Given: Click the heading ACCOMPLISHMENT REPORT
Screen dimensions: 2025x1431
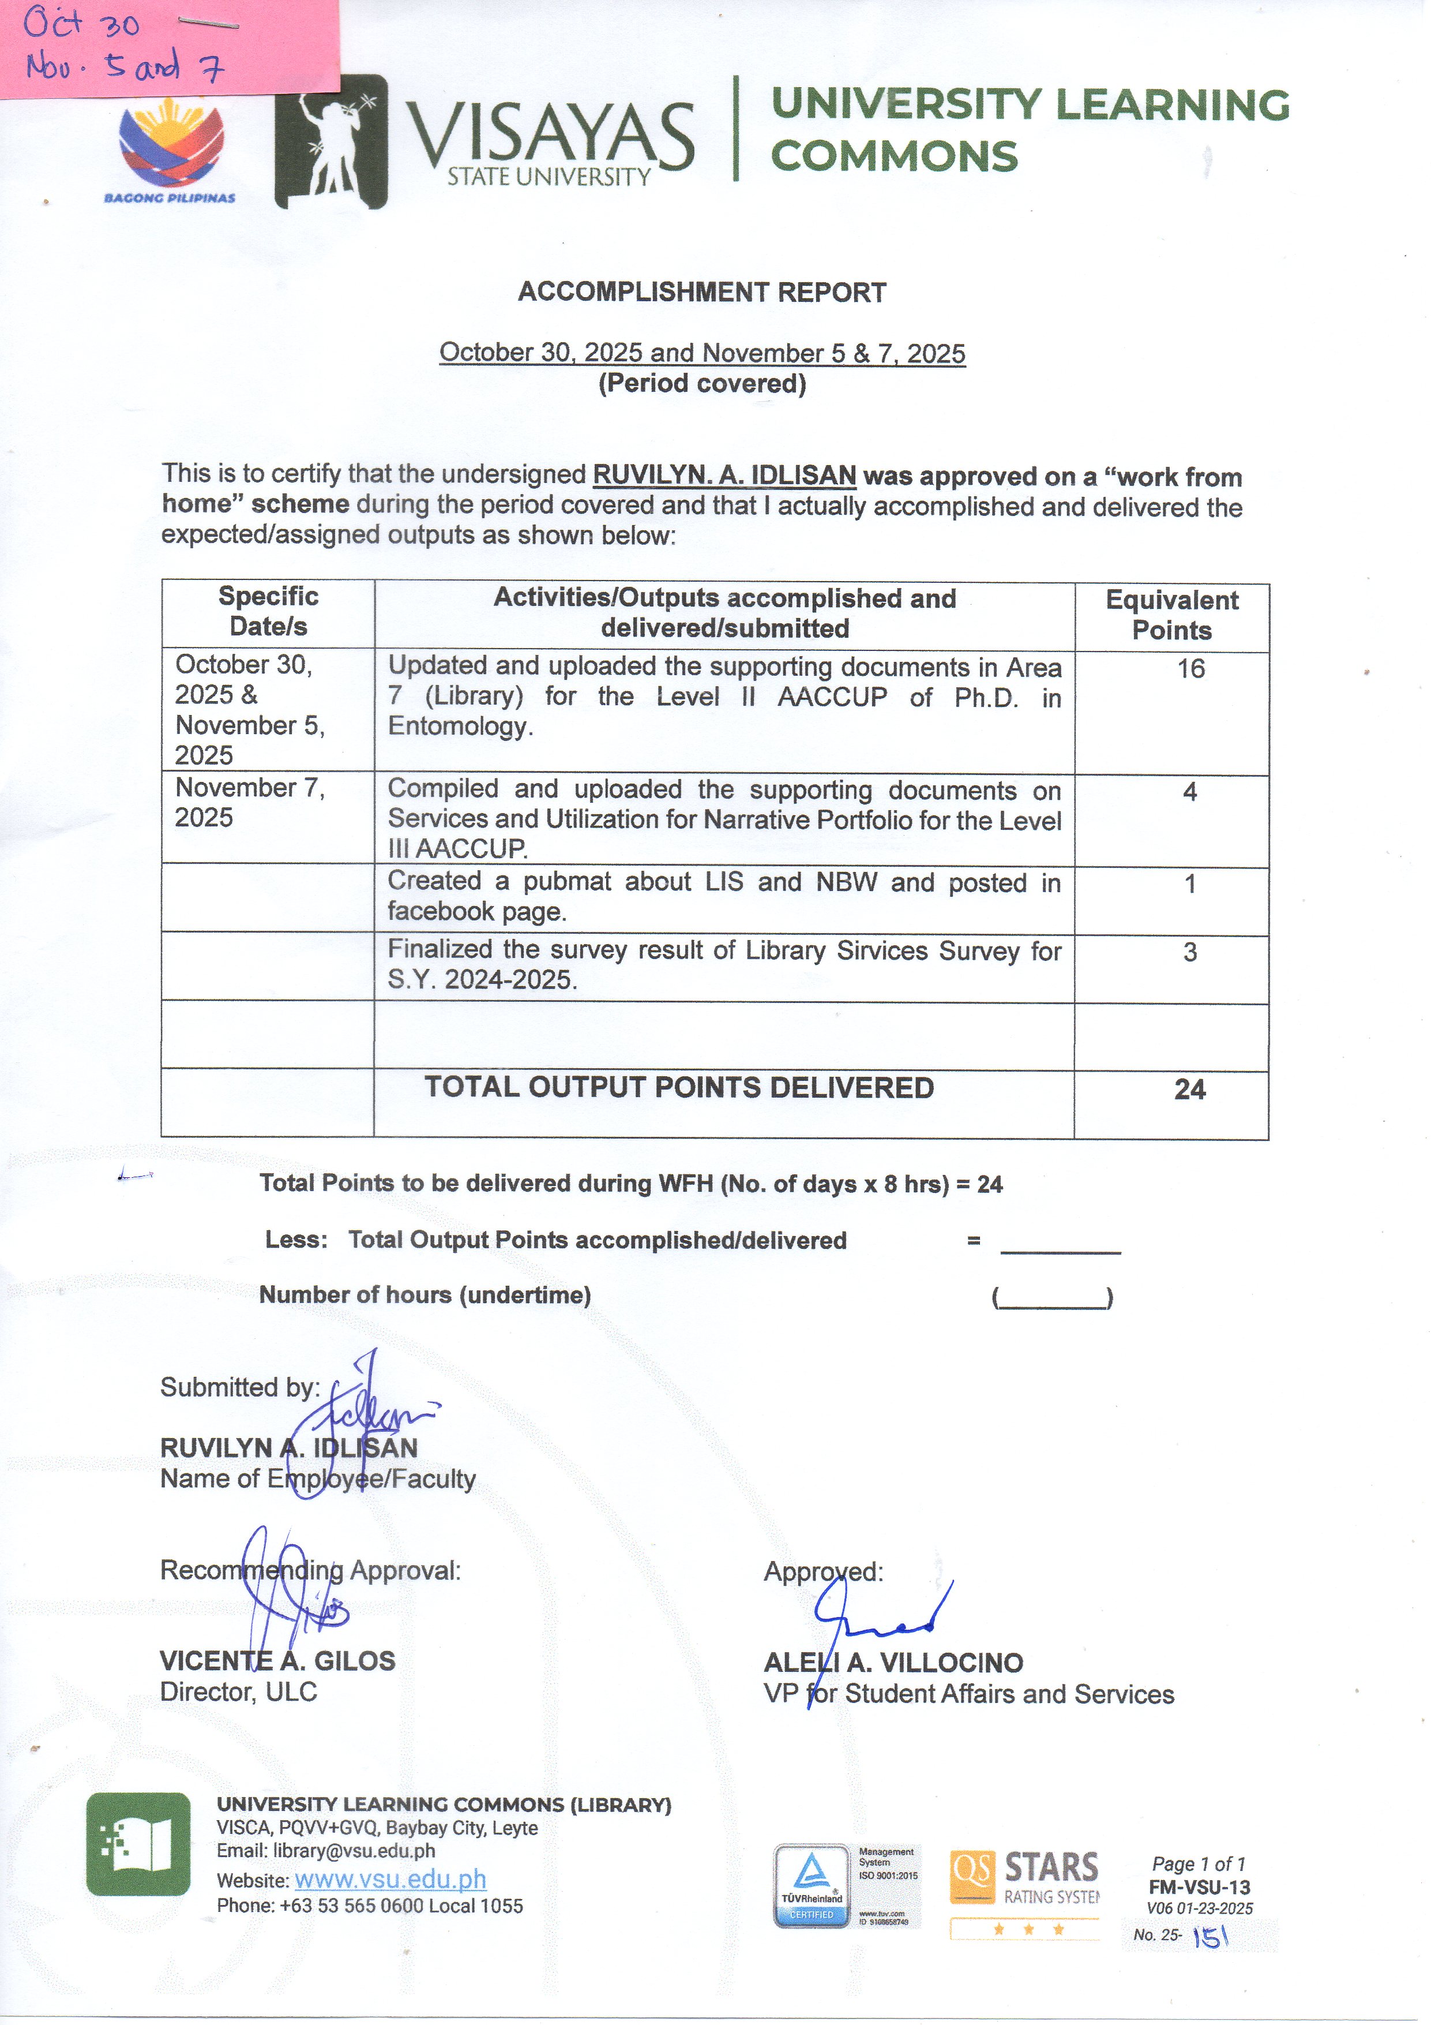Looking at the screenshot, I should click(x=702, y=292).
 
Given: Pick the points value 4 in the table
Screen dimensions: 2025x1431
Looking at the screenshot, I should click(x=1189, y=792).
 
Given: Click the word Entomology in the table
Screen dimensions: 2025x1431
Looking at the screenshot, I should click(x=459, y=726).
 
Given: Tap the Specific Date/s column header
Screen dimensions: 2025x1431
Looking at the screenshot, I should click(x=268, y=611).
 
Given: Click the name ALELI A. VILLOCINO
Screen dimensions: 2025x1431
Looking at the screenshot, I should click(x=893, y=1663).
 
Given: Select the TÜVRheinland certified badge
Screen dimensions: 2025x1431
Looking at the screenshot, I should click(x=811, y=1886).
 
